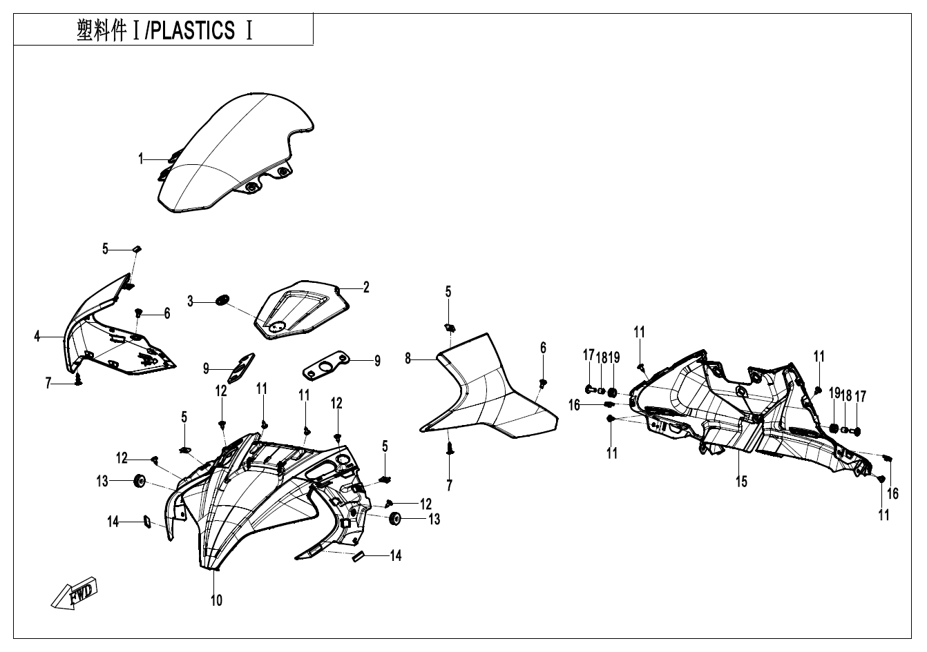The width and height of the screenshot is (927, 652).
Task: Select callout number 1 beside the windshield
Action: coord(141,159)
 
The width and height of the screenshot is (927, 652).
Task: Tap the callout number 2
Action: coord(366,288)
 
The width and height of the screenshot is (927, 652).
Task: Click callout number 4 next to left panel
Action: coord(37,337)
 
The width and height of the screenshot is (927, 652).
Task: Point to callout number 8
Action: coord(408,358)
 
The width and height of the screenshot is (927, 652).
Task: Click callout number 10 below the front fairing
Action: coord(216,600)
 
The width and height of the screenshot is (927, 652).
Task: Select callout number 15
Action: coord(741,482)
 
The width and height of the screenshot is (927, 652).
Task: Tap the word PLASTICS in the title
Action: coord(193,32)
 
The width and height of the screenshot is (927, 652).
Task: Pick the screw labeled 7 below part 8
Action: coord(450,449)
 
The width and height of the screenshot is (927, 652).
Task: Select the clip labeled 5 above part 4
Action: coord(137,248)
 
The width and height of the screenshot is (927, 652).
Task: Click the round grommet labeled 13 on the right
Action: coord(396,520)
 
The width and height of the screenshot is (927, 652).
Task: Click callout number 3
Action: coord(190,300)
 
